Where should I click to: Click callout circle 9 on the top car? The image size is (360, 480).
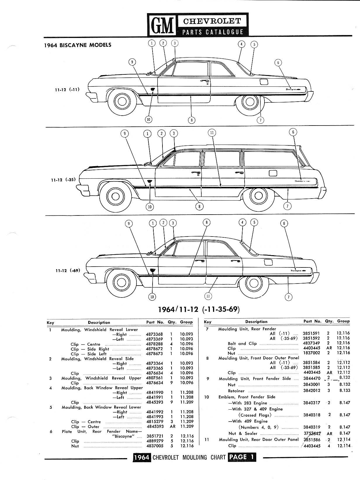tap(132, 62)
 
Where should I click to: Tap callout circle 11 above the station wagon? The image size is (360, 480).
tap(212, 133)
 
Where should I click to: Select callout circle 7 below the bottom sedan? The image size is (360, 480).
tap(289, 297)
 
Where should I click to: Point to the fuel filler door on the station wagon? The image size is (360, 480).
tap(273, 173)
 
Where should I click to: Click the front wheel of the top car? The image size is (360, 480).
tap(121, 101)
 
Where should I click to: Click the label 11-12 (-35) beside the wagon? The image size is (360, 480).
tap(63, 180)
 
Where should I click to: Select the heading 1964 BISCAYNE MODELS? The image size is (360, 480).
tap(78, 45)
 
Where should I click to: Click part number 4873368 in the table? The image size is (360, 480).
tap(154, 334)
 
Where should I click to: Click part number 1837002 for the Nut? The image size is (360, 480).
tap(311, 353)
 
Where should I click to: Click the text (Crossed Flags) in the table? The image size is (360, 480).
tap(255, 415)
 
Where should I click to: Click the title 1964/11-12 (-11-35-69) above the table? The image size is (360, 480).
tap(199, 309)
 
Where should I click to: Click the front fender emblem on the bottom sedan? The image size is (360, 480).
tap(153, 270)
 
